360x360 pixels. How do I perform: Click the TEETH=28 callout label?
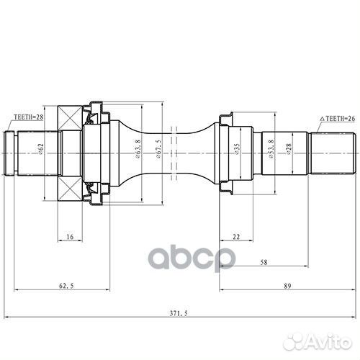pyautogui.click(x=29, y=117)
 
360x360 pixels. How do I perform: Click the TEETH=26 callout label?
pyautogui.click(x=337, y=119)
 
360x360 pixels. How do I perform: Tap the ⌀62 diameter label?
pyautogui.click(x=40, y=149)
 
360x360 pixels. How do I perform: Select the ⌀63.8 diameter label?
pyautogui.click(x=138, y=149)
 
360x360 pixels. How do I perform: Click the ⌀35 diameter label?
pyautogui.click(x=237, y=149)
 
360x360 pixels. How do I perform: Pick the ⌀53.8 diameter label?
pyautogui.click(x=271, y=149)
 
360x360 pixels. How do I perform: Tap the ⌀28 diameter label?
pyautogui.click(x=289, y=149)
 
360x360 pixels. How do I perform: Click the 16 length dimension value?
pyautogui.click(x=70, y=237)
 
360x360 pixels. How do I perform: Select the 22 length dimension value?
pyautogui.click(x=236, y=237)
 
